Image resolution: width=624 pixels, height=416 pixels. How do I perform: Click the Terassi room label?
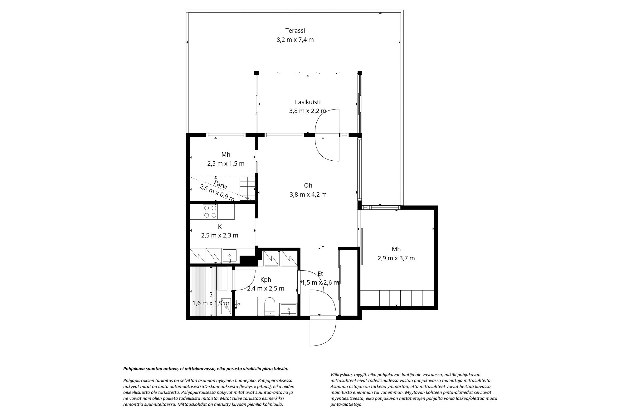point(295,31)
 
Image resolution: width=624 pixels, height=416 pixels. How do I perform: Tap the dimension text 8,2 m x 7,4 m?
point(295,40)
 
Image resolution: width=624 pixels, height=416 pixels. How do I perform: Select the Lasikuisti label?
point(308,102)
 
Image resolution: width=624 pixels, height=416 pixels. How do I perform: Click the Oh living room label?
point(308,185)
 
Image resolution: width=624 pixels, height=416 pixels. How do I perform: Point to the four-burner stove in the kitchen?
point(210,211)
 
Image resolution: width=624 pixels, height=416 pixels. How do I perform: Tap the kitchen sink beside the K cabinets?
point(229,256)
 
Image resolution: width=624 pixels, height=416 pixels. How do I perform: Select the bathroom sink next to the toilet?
point(289,309)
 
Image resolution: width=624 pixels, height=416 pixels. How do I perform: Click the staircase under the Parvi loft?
point(247,188)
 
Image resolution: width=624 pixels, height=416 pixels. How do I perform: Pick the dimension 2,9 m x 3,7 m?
point(396,258)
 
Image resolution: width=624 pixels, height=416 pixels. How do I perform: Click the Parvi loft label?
point(221,184)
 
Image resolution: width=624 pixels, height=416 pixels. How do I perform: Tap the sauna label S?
point(211,294)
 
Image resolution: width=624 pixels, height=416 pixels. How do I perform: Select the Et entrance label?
point(320,274)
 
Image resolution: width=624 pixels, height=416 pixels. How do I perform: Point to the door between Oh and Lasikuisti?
point(327,135)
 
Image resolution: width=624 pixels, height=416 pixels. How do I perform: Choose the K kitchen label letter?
point(220,227)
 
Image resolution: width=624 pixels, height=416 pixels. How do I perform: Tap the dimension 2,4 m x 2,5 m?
point(266,289)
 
